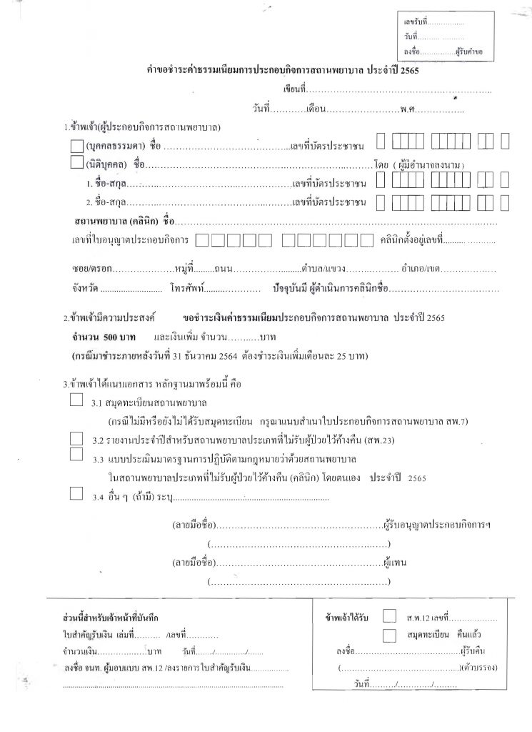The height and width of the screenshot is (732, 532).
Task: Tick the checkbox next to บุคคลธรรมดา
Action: (x=77, y=146)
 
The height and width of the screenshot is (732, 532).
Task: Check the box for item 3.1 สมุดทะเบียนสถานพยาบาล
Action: (x=77, y=400)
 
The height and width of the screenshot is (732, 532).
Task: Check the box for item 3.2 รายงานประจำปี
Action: (x=77, y=437)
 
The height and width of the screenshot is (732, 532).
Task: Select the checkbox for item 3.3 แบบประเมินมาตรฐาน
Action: (x=77, y=453)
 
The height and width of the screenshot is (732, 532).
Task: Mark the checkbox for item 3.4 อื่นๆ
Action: (x=77, y=492)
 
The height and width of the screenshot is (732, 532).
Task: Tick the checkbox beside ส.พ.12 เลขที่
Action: (x=389, y=615)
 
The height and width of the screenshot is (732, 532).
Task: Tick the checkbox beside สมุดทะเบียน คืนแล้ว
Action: (x=389, y=633)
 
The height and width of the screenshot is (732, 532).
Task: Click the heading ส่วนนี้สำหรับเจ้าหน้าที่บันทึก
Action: (x=110, y=616)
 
